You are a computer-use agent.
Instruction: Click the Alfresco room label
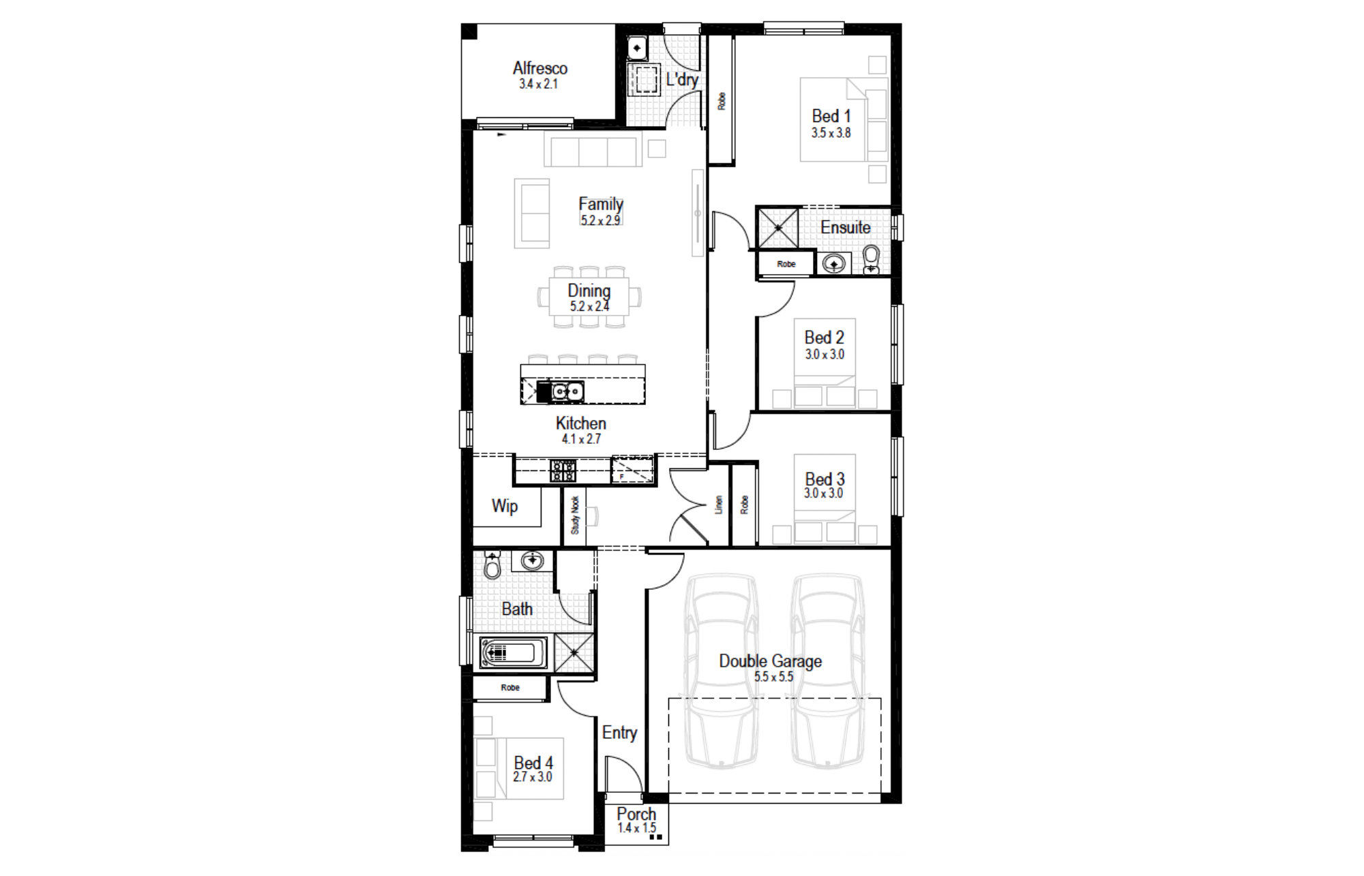[540, 68]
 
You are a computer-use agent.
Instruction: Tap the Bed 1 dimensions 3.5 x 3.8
[831, 133]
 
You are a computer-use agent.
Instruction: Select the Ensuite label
[845, 227]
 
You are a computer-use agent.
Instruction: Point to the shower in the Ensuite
[777, 228]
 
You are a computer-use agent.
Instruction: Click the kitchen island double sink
[567, 392]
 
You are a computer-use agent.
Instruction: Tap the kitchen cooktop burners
[563, 471]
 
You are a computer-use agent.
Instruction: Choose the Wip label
[505, 506]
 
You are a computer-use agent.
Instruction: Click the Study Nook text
[575, 515]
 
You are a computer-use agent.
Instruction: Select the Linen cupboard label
[718, 504]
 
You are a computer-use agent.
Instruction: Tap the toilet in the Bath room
[492, 564]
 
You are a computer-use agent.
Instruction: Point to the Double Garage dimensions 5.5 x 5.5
[773, 677]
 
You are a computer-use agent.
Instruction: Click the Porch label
[636, 814]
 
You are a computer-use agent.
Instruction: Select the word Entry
[619, 733]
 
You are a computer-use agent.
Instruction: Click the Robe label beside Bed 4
[510, 688]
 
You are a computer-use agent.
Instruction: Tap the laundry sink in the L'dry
[637, 48]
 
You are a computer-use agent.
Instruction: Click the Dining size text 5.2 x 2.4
[590, 306]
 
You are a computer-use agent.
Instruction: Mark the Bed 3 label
[825, 479]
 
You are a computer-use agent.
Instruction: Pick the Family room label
[601, 204]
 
